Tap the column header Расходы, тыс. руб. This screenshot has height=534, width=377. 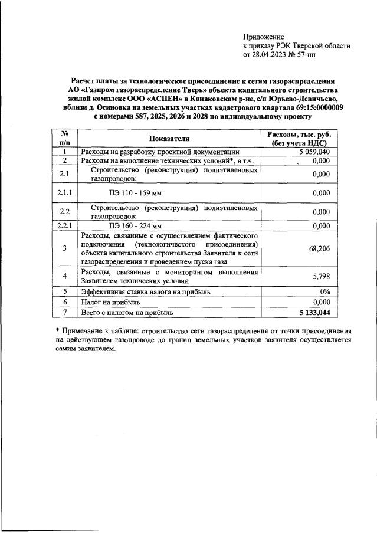point(300,134)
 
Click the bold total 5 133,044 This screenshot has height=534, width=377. point(310,311)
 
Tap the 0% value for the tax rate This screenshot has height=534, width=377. point(324,291)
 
